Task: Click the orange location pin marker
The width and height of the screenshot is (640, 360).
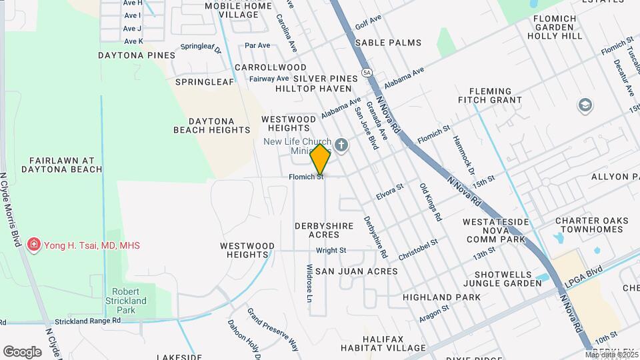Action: (320, 160)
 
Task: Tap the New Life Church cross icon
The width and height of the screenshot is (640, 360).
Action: (341, 145)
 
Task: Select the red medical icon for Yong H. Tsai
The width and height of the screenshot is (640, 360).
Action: (34, 245)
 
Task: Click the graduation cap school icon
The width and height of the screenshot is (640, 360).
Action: (585, 105)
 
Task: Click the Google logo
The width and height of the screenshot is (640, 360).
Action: (23, 351)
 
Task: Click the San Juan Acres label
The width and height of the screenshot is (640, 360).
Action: (356, 271)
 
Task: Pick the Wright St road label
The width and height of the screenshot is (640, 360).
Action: (331, 251)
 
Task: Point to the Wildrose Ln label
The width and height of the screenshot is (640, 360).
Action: (309, 284)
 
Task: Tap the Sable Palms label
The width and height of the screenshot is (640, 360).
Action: (388, 43)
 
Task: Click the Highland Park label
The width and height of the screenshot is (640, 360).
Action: (441, 297)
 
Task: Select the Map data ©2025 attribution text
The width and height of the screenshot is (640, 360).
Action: (611, 354)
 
